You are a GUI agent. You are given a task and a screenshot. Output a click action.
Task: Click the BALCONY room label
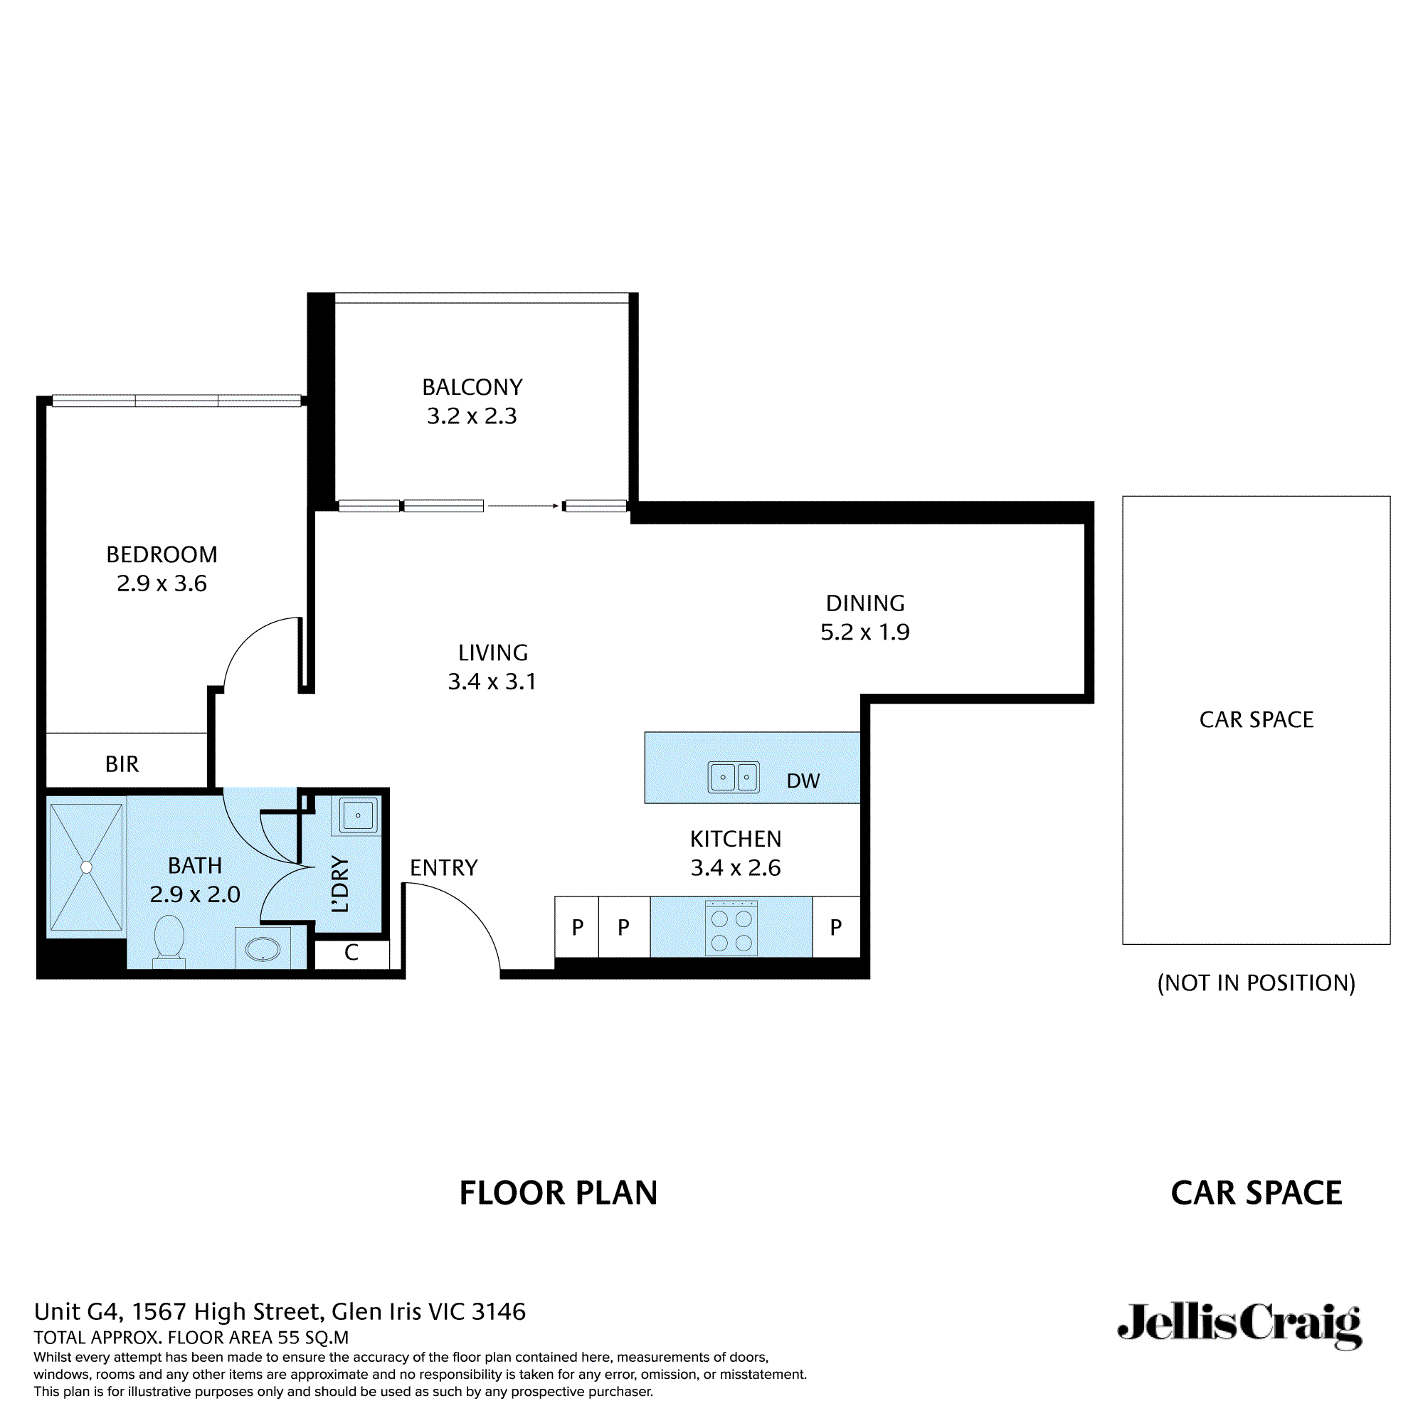[472, 388]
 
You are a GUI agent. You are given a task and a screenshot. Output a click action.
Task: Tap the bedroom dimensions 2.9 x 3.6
[162, 583]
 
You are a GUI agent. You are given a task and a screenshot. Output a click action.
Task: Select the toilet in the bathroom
[169, 938]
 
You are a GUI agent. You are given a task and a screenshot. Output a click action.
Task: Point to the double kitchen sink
[734, 777]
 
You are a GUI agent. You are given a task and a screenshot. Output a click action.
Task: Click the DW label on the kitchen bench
[803, 781]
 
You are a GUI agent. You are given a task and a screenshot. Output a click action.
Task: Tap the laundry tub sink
[358, 816]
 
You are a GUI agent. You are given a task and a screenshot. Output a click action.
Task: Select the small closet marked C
[351, 953]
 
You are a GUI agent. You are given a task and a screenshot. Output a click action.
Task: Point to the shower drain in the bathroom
[87, 867]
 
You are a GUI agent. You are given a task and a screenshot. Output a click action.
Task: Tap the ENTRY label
[443, 867]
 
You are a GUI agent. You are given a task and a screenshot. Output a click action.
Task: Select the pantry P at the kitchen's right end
[835, 928]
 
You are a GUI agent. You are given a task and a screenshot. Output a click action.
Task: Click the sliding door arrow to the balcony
[523, 506]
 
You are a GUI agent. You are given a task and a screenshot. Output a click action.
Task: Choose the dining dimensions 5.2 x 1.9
[864, 632]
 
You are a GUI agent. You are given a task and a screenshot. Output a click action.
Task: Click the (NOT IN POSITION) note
[1256, 983]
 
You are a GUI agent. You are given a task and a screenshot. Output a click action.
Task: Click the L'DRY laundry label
[340, 884]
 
